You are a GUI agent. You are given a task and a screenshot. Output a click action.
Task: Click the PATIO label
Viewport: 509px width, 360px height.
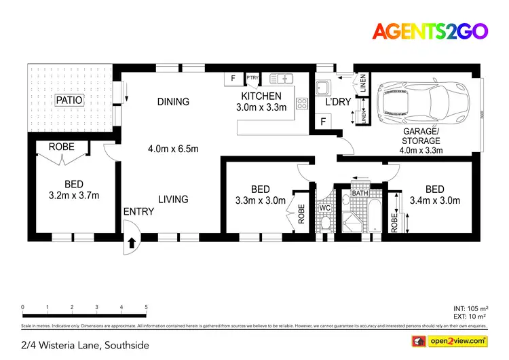pos(69,100)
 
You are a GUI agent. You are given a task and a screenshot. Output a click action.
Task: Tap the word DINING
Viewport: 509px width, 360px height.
pos(173,102)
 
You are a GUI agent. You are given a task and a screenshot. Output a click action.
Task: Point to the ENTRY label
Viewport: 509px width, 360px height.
pos(138,211)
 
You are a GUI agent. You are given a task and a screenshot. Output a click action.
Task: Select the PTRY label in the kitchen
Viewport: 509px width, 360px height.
pos(252,78)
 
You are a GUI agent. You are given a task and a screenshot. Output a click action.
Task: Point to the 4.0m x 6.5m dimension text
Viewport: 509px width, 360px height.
pos(173,148)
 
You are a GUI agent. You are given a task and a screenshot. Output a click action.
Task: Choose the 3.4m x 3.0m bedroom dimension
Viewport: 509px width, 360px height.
pos(435,200)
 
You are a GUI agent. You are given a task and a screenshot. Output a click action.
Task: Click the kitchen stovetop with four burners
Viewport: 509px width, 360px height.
pos(301,104)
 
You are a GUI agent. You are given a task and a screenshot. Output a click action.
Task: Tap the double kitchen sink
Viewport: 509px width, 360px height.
pos(279,78)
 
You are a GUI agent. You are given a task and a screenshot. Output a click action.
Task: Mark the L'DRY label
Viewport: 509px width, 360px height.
pos(337,103)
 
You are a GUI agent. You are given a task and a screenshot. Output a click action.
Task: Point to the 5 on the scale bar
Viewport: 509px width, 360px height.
pos(146,307)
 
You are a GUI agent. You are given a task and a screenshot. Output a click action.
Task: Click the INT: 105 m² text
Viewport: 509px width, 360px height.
pos(468,308)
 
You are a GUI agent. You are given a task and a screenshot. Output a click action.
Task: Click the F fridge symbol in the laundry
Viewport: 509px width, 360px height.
pos(323,122)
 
